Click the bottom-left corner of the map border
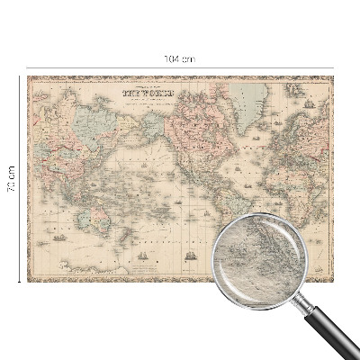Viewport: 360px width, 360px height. click(28, 280)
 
